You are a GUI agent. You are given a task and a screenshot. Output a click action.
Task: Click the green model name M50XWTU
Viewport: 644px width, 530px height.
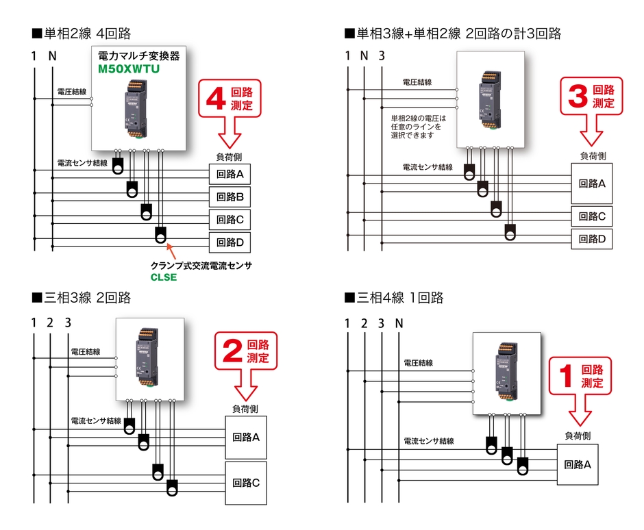coord(130,69)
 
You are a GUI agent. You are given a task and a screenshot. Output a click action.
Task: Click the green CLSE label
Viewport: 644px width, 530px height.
coord(164,277)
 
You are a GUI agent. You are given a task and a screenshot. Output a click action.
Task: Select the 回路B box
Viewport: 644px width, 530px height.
coord(230,197)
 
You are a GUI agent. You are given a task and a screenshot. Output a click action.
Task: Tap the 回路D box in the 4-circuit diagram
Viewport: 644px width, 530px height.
coord(230,242)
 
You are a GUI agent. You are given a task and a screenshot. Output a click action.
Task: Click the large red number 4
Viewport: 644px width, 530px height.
coord(215,98)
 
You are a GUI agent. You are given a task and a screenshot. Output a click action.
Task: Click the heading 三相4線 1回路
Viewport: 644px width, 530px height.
coord(395,298)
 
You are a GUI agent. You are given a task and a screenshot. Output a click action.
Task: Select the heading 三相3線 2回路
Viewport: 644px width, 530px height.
coord(81,298)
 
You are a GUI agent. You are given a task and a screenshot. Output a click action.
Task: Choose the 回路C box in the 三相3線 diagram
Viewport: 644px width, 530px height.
coord(246,482)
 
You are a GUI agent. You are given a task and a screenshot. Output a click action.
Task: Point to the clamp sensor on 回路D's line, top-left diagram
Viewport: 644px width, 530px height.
coord(160,235)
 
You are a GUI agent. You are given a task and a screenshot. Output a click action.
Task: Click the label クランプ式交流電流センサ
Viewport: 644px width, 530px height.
coord(201,265)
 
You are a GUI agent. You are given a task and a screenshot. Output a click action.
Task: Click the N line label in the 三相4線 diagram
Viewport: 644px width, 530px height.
coord(399,323)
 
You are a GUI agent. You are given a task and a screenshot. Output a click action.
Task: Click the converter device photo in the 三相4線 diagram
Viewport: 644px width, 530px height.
coord(508,374)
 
